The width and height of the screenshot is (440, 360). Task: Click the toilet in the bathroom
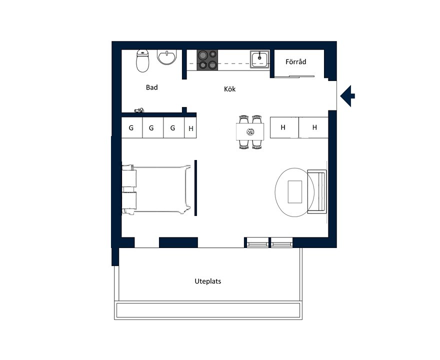point(142,61)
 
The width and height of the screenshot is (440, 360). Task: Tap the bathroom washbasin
point(167,57)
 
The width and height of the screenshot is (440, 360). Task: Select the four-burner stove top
point(207,60)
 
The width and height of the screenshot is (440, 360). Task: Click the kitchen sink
point(259,59)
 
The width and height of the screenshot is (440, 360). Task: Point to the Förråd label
point(296,61)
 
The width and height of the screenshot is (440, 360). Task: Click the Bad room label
point(152,87)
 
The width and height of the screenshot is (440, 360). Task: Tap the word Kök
point(230,89)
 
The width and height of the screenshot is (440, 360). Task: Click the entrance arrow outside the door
point(347,96)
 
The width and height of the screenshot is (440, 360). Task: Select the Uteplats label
point(208,281)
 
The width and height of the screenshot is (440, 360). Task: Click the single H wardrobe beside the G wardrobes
point(190,127)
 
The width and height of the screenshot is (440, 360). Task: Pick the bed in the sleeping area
point(156,189)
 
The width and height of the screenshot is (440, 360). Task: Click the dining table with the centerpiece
point(250,131)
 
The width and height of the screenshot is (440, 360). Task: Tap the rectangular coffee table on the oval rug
point(295,192)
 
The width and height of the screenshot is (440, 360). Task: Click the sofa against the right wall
point(317,191)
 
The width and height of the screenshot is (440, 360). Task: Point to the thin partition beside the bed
point(195,188)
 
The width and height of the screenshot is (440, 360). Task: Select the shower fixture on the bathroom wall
point(139,110)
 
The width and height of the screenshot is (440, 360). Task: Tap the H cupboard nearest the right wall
point(313,127)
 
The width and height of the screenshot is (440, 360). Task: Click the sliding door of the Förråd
point(294,76)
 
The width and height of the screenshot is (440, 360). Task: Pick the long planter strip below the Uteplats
point(208,310)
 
